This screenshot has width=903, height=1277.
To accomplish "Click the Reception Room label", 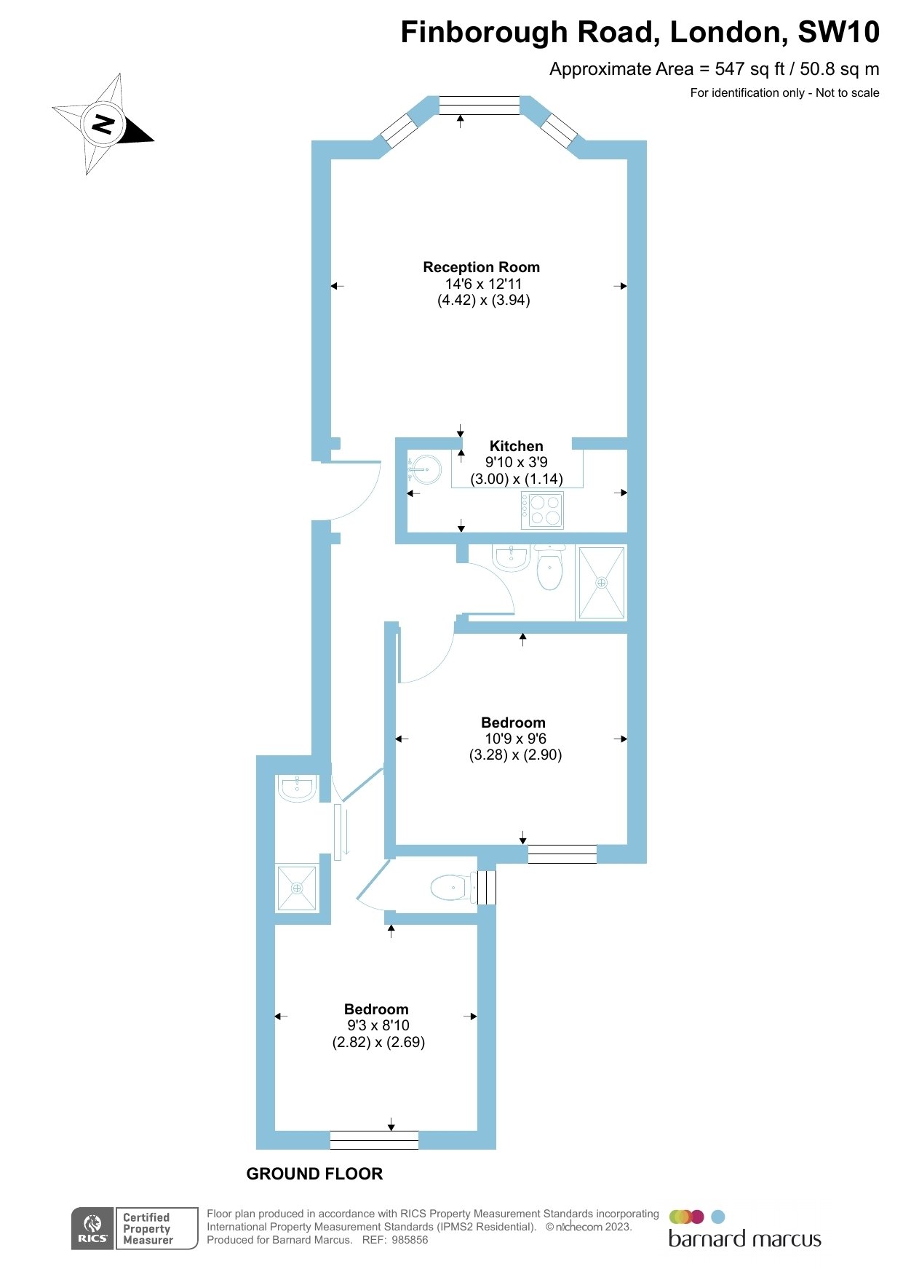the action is click(x=481, y=267).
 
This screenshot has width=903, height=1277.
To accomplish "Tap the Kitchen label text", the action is click(x=516, y=446).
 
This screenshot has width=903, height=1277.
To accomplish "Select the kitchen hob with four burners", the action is click(x=542, y=510).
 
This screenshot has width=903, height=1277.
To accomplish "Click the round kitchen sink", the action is click(x=425, y=469).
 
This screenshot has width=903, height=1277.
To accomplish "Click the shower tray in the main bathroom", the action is click(x=602, y=583).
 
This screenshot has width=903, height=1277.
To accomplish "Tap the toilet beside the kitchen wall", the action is click(x=549, y=568).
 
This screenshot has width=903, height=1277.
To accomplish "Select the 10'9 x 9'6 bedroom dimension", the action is click(x=515, y=739).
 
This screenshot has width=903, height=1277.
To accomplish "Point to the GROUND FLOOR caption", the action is click(x=314, y=1174).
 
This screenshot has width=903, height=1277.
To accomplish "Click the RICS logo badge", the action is click(x=93, y=1228).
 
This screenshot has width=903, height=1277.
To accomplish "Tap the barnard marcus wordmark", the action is click(x=744, y=1239).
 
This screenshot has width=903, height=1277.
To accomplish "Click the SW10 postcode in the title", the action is click(x=838, y=32).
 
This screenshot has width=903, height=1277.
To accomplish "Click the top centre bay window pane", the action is click(x=480, y=105).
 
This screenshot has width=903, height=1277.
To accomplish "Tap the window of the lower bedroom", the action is click(x=374, y=1140).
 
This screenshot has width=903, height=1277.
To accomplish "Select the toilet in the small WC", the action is click(x=451, y=888).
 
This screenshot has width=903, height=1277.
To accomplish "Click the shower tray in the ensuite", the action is click(x=297, y=888).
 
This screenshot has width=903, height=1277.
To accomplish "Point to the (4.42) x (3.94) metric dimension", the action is click(x=483, y=300).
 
